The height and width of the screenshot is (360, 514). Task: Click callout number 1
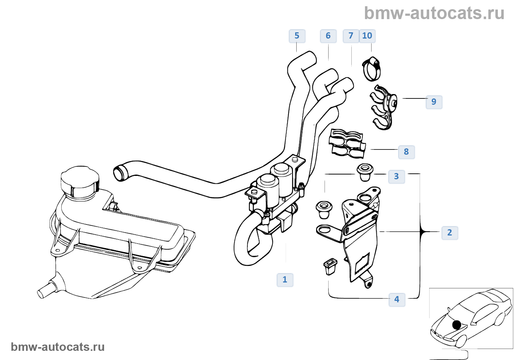click(x=285, y=280)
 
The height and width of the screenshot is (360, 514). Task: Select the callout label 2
click(x=450, y=233)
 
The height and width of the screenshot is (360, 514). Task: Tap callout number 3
click(x=397, y=177)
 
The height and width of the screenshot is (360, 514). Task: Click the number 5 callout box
click(x=297, y=36)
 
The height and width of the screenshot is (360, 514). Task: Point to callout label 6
click(x=328, y=36)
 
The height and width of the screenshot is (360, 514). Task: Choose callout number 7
click(x=351, y=36)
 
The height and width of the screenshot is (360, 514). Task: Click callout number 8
click(x=406, y=152)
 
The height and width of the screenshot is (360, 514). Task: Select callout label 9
click(x=434, y=102)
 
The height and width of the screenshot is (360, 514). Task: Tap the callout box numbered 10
click(x=367, y=36)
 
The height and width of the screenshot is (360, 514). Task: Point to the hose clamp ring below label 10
click(x=372, y=69)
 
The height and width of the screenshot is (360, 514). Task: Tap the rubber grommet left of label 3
click(x=365, y=172)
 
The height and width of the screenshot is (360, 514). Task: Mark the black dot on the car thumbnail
click(x=457, y=325)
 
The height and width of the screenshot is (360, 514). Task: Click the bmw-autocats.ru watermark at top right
click(x=434, y=13)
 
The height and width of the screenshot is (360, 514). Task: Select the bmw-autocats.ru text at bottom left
click(x=58, y=347)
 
